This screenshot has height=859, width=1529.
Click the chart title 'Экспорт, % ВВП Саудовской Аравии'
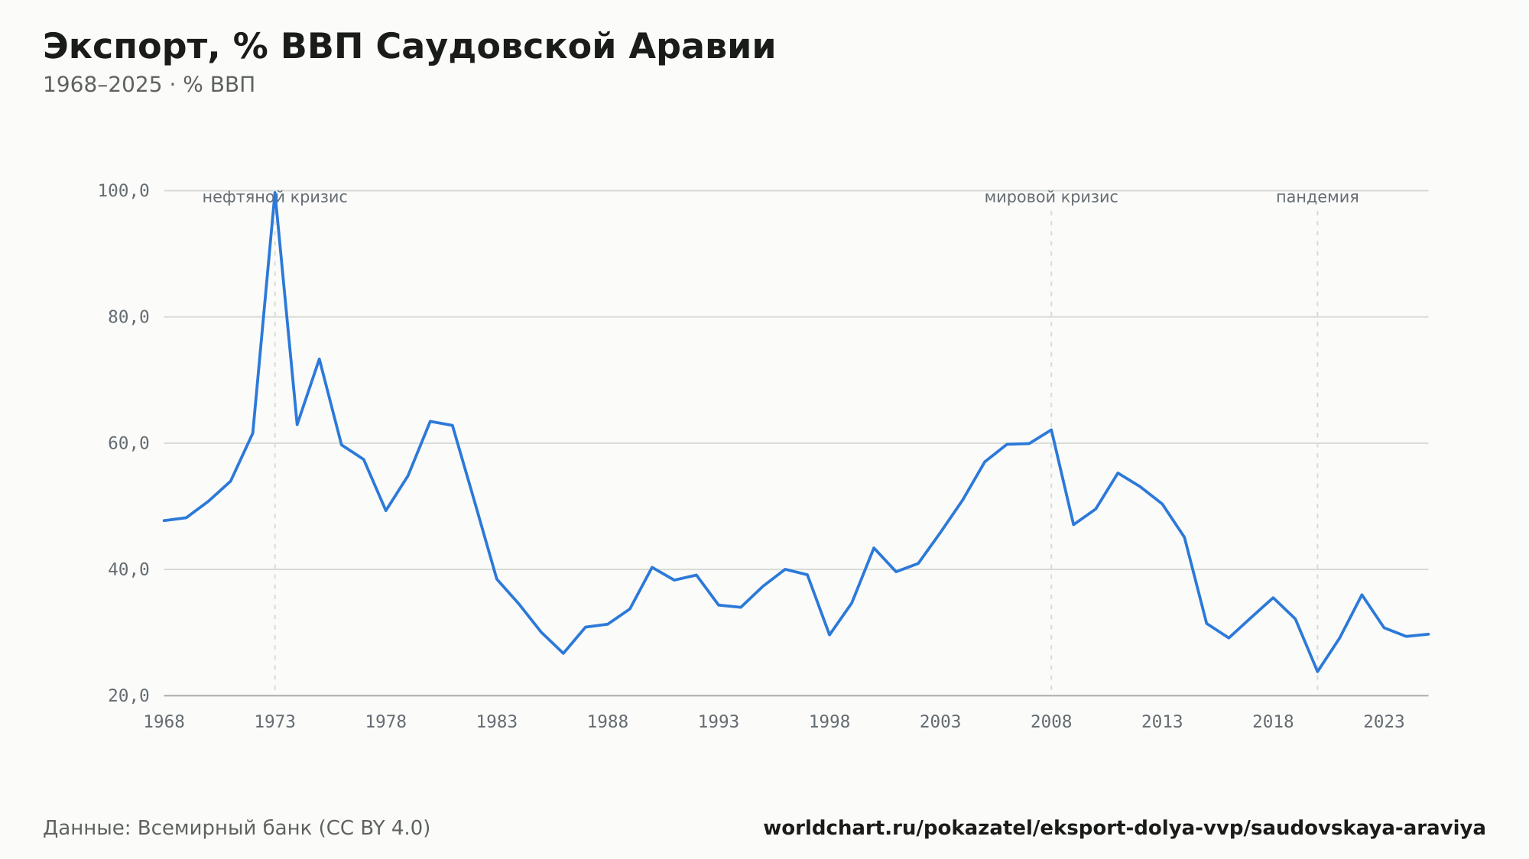pos(409,47)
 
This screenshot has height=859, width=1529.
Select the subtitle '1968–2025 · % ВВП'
pos(149,85)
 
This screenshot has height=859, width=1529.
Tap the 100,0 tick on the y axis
pos(123,191)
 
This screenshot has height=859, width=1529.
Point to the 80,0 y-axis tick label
pos(128,317)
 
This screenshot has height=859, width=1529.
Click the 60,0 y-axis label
pos(128,443)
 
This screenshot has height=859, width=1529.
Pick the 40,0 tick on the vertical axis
pos(128,569)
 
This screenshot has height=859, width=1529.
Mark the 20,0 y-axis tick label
pos(128,695)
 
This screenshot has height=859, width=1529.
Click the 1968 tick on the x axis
pos(164,722)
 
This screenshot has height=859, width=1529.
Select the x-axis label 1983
pos(497,722)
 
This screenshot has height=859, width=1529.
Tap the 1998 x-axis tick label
pos(829,722)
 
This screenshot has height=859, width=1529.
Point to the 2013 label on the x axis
pos(1162,722)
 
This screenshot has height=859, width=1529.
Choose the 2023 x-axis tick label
pos(1384,722)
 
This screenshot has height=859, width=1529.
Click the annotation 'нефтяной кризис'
pos(274,198)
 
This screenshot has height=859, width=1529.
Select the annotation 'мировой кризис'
pos(1051,198)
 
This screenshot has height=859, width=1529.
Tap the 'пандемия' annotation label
pos(1317,198)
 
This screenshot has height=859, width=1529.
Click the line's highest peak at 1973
pos(275,193)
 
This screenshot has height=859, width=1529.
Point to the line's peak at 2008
pos(1051,429)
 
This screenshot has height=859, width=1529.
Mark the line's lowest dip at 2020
pos(1317,672)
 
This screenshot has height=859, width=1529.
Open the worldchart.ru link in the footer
pos(1125,828)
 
